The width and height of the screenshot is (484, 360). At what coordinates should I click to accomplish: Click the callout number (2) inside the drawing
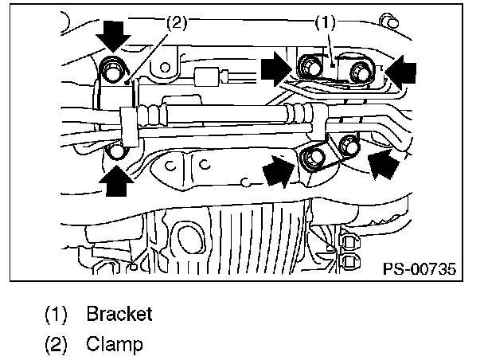176,24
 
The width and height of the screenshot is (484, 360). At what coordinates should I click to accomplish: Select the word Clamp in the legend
114,345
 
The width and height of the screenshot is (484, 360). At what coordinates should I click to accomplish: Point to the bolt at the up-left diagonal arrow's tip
349,145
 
